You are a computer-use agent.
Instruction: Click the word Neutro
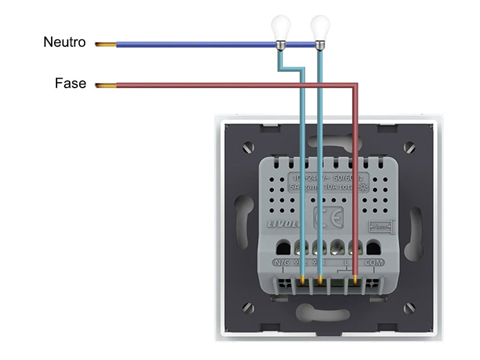tap(65, 43)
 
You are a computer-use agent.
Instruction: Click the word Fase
tap(70, 84)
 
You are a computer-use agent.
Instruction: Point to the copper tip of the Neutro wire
tap(105, 44)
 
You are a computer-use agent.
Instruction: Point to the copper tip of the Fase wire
tap(105, 86)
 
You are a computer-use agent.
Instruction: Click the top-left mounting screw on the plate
tap(248, 146)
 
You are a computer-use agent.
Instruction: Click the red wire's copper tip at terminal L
tap(356, 280)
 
